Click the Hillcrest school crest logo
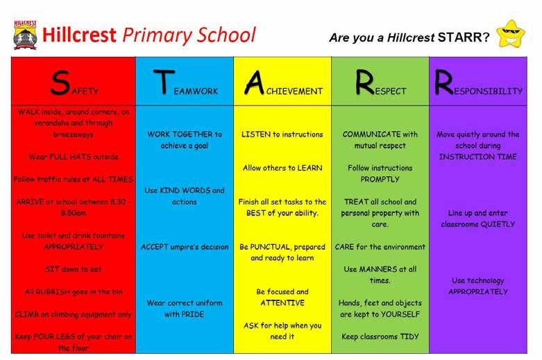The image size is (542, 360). pyautogui.click(x=25, y=35)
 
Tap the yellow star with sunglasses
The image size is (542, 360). pyautogui.click(x=511, y=34)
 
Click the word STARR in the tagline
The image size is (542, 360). pyautogui.click(x=463, y=37)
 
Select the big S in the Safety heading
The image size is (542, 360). pyautogui.click(x=60, y=83)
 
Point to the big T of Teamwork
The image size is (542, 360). pyautogui.click(x=164, y=82)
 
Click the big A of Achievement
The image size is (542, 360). pyautogui.click(x=255, y=83)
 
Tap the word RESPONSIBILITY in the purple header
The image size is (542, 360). pyautogui.click(x=478, y=83)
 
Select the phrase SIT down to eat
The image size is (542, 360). pyautogui.click(x=74, y=269)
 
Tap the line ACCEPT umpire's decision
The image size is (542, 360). pyautogui.click(x=185, y=247)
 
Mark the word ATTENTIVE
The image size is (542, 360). pyautogui.click(x=282, y=303)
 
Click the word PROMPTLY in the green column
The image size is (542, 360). pyautogui.click(x=380, y=180)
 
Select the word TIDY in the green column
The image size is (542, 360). pyautogui.click(x=409, y=336)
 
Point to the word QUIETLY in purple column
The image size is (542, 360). pyautogui.click(x=498, y=224)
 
